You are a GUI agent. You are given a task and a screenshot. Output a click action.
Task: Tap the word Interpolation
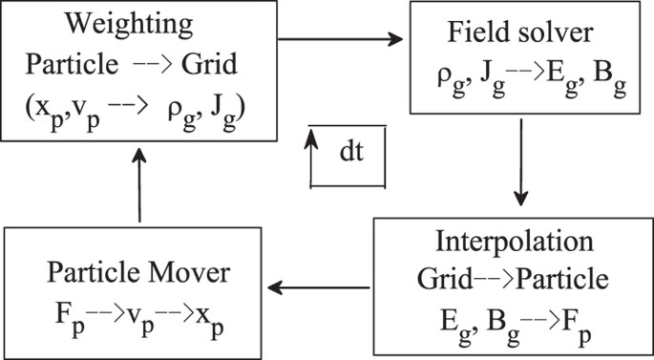(515, 240)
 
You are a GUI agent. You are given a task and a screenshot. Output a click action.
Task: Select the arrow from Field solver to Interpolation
(521, 168)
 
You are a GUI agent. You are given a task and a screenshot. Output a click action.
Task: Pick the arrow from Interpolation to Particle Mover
(320, 285)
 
